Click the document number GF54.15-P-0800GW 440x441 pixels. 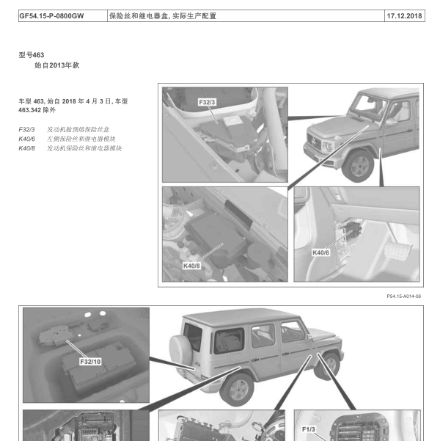pyautogui.click(x=51, y=16)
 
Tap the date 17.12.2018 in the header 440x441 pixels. pyautogui.click(x=404, y=16)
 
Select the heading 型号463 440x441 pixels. pyautogui.click(x=32, y=55)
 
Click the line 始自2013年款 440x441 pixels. pyautogui.click(x=56, y=65)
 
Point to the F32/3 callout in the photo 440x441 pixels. pyautogui.click(x=207, y=102)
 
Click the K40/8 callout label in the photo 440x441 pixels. pyautogui.click(x=191, y=266)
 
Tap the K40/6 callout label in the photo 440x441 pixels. pyautogui.click(x=320, y=252)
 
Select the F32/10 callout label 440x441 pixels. pyautogui.click(x=90, y=362)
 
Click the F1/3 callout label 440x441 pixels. pyautogui.click(x=309, y=429)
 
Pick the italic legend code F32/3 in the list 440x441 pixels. pyautogui.click(x=26, y=130)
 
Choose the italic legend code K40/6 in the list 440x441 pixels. pyautogui.click(x=26, y=139)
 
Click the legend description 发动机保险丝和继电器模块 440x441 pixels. pyautogui.click(x=84, y=148)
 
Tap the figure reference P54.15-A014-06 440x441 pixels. pyautogui.click(x=404, y=296)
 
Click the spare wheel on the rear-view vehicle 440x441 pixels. pyautogui.click(x=180, y=349)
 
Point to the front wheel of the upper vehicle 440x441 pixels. pyautogui.click(x=359, y=167)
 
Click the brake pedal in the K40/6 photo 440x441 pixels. pyautogui.click(x=397, y=251)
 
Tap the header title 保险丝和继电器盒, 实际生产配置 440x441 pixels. pyautogui.click(x=163, y=16)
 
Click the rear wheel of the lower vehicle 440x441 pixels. pyautogui.click(x=237, y=390)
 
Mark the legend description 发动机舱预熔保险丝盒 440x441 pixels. pyautogui.click(x=78, y=130)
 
